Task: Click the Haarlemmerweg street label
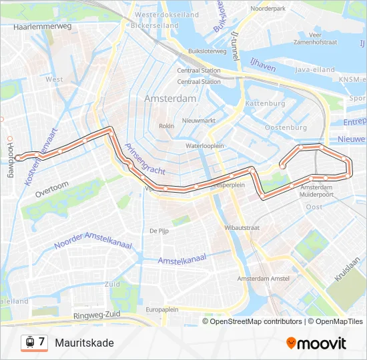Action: click(42, 27)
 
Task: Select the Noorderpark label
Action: click(268, 9)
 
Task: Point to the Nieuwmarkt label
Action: click(199, 121)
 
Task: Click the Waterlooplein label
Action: click(204, 145)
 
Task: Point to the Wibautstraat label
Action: click(242, 227)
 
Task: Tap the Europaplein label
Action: click(162, 309)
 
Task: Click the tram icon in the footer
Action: click(29, 343)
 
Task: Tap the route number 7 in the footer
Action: click(41, 342)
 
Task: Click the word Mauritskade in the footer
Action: click(85, 343)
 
